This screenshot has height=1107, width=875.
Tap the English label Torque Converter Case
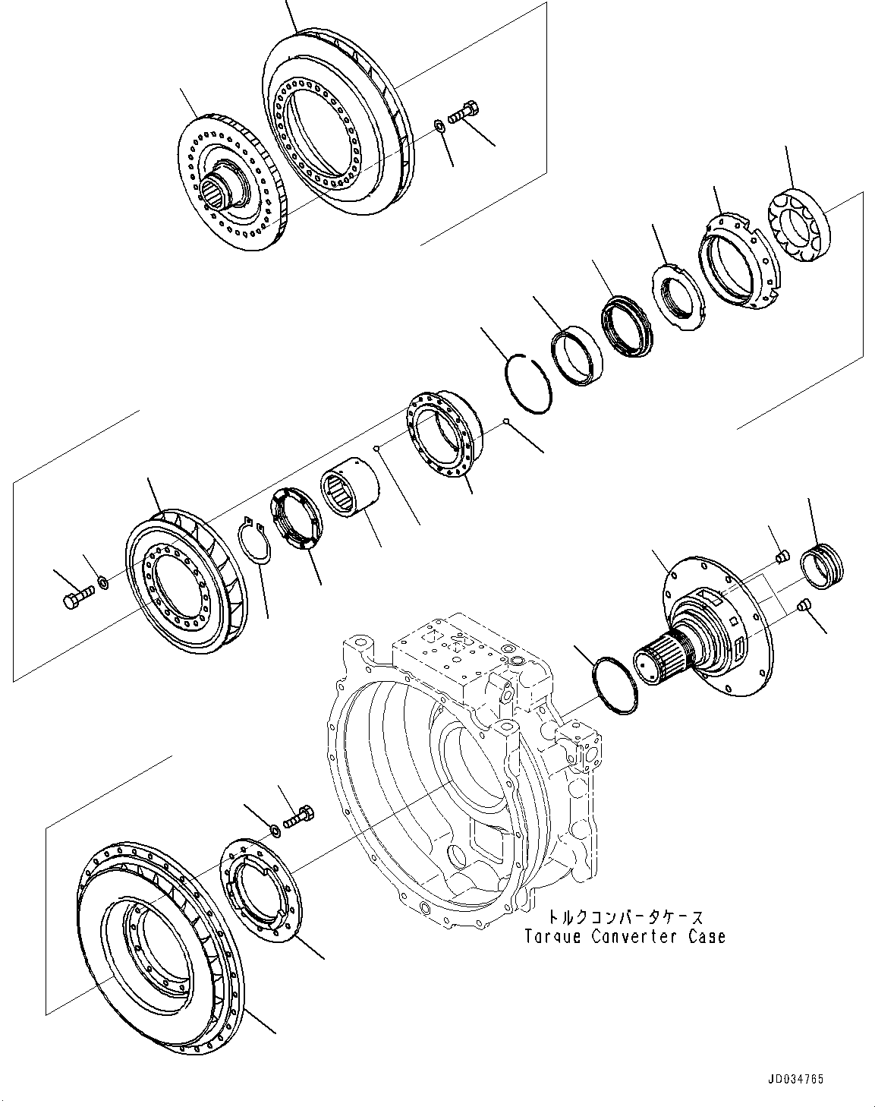(625, 937)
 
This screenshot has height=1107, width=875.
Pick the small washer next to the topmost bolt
(439, 125)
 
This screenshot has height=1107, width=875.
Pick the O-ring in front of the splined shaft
(615, 686)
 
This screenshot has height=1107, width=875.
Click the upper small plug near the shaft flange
(785, 558)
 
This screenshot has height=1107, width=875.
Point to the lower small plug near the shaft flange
(806, 604)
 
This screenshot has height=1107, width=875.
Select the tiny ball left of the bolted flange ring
(376, 449)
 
